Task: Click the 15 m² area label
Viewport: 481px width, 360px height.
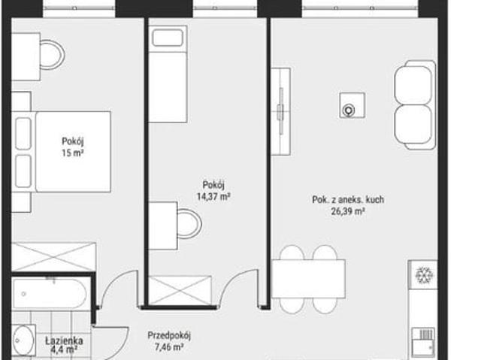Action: [73, 153]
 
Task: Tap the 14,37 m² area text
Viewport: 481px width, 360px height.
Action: [213, 196]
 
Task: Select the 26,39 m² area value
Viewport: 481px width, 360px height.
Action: [348, 211]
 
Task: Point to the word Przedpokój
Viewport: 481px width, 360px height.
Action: [169, 336]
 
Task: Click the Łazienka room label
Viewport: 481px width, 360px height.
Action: [64, 340]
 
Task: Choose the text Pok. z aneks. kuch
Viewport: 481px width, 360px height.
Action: [348, 200]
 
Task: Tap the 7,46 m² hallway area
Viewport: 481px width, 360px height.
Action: [169, 347]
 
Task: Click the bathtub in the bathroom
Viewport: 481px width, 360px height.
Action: [49, 294]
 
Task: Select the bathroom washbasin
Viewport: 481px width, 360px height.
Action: [23, 340]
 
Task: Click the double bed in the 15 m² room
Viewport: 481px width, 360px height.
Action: [62, 152]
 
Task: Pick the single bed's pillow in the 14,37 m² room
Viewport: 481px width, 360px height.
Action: [168, 38]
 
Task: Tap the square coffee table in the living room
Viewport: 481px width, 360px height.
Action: [352, 105]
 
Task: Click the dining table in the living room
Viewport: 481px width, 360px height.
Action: [309, 279]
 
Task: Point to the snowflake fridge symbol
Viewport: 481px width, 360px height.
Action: [424, 274]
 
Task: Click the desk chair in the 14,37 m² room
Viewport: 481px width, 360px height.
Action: [189, 223]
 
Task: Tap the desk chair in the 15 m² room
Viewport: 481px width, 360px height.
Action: [52, 55]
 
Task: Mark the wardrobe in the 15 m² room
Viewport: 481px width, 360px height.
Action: [53, 257]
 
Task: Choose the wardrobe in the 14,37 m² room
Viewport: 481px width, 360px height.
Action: [180, 290]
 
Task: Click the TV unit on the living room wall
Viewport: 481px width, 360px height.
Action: [281, 111]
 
